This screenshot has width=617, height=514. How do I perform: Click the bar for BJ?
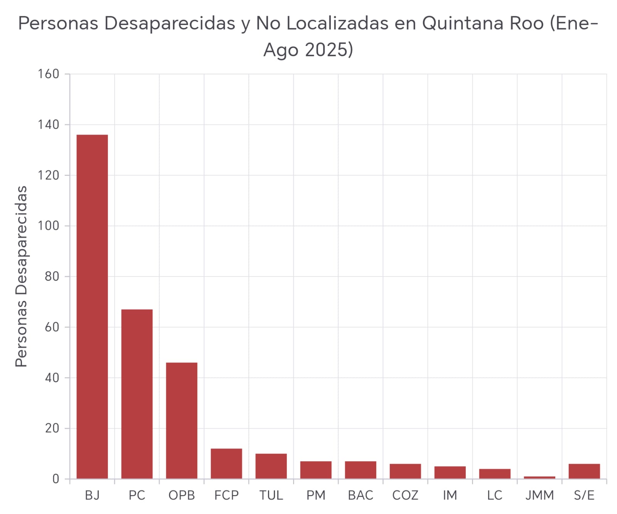pyautogui.click(x=92, y=307)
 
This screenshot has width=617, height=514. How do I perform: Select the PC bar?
pyautogui.click(x=137, y=394)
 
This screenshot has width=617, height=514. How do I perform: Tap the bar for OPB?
pyautogui.click(x=182, y=420)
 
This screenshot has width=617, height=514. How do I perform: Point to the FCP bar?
pyautogui.click(x=226, y=463)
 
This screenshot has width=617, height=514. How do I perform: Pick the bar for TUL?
pyautogui.click(x=271, y=466)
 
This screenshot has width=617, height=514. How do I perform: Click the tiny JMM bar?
pyautogui.click(x=539, y=477)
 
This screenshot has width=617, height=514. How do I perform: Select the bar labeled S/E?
pyautogui.click(x=584, y=471)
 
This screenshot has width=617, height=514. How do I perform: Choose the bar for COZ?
pyautogui.click(x=405, y=471)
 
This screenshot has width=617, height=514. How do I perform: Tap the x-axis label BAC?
pyautogui.click(x=361, y=495)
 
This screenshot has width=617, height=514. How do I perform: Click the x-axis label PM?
pyautogui.click(x=316, y=495)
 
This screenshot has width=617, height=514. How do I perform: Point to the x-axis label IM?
pyautogui.click(x=450, y=495)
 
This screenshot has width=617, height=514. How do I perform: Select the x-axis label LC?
pyautogui.click(x=495, y=495)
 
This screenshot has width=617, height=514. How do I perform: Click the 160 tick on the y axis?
pyautogui.click(x=48, y=74)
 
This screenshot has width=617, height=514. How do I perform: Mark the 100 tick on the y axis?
pyautogui.click(x=48, y=226)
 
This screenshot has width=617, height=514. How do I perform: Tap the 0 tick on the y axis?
pyautogui.click(x=56, y=479)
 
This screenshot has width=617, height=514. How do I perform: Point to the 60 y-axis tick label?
pyautogui.click(x=52, y=327)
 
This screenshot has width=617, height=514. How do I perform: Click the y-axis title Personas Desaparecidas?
pyautogui.click(x=21, y=276)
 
